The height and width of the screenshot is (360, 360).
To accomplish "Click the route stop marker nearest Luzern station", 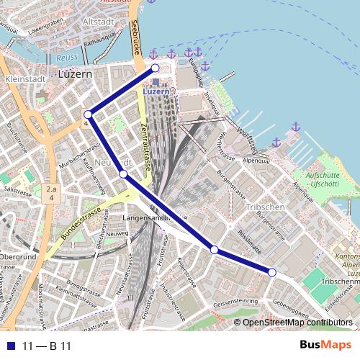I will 154,68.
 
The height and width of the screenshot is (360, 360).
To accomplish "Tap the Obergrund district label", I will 17,257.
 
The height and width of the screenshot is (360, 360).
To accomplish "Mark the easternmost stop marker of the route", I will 272,271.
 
